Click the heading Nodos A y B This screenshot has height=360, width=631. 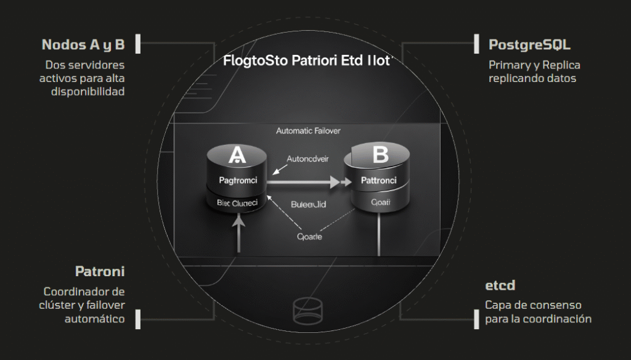coord(83,45)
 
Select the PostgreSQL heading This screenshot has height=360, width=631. coord(529,45)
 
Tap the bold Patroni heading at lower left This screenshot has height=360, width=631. coord(100,271)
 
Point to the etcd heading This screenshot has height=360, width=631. coord(500,286)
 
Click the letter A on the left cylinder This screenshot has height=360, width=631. coord(237,156)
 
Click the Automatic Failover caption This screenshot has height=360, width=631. coord(308,131)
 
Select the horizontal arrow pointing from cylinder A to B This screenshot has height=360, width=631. coord(305,182)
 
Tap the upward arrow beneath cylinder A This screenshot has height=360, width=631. coord(237,234)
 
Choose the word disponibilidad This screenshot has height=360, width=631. coord(87,92)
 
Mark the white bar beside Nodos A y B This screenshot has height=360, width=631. coord(139,44)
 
